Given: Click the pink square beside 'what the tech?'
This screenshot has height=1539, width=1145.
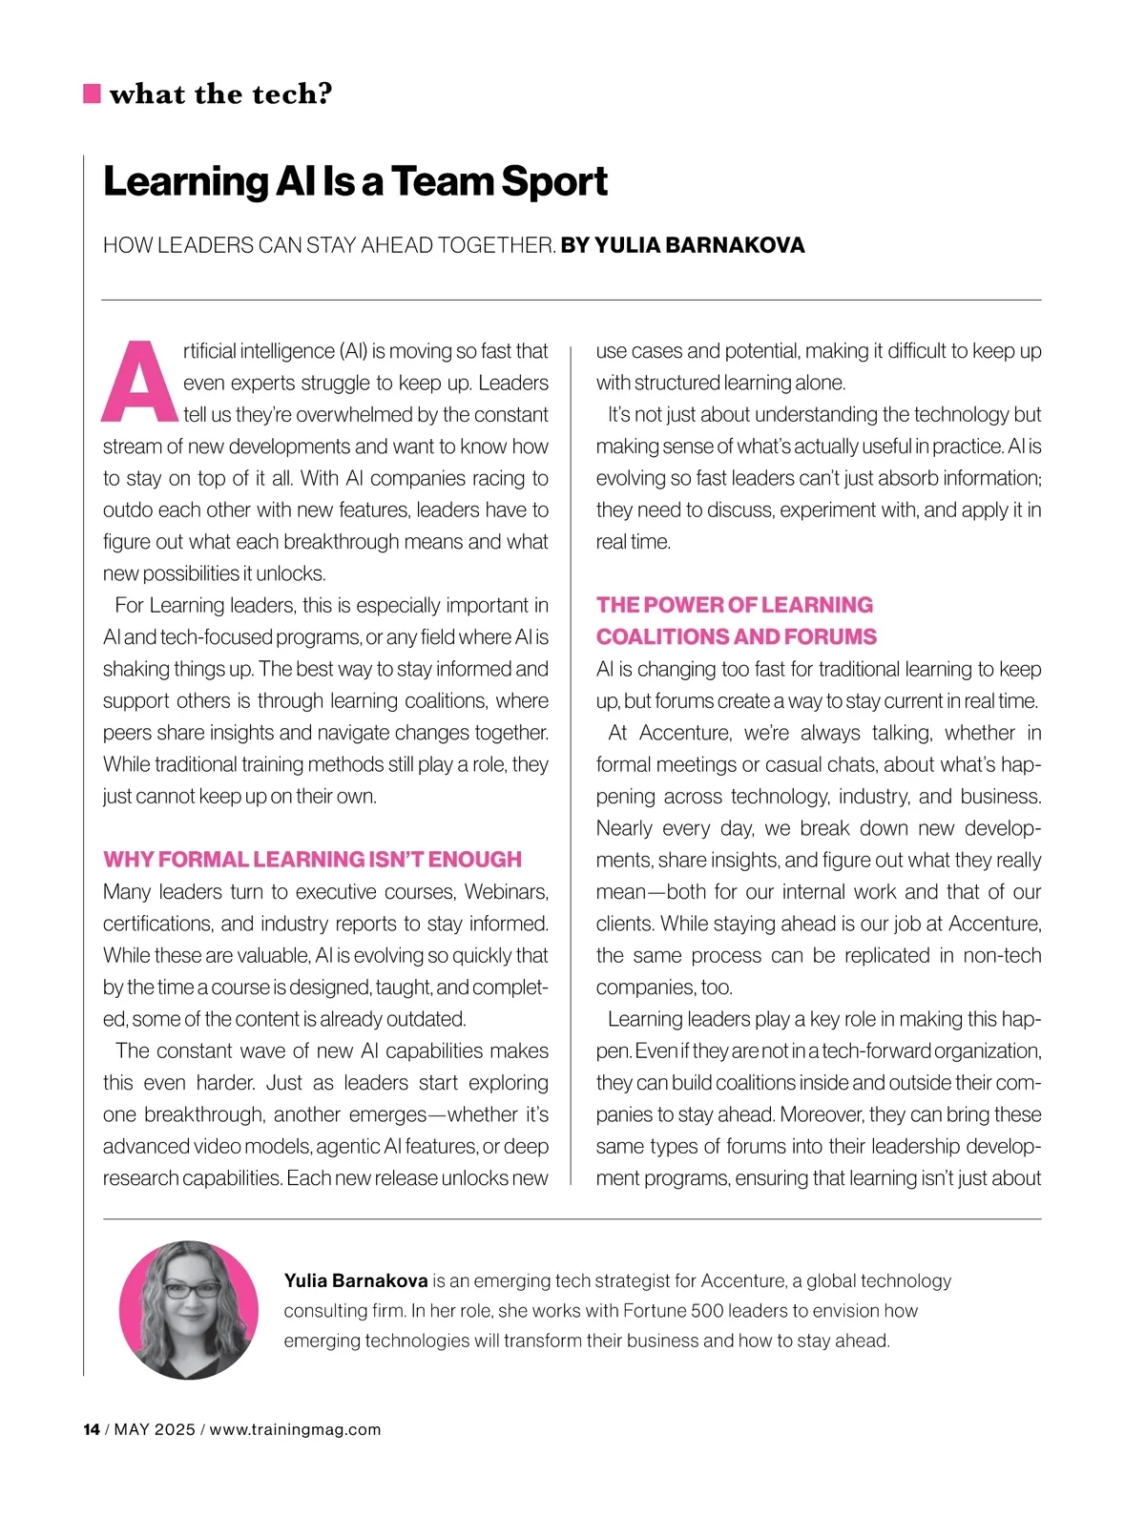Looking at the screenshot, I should tap(92, 94).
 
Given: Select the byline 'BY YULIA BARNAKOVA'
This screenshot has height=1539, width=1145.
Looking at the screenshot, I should tap(682, 245).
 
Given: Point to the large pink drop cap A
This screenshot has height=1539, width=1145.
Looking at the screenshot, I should tap(140, 382).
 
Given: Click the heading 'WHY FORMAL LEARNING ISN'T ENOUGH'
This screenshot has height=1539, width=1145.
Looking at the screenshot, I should tap(312, 860).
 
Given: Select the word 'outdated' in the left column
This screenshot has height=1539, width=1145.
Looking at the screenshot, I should tap(426, 1019).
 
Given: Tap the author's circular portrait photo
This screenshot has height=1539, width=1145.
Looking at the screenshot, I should tap(189, 1309).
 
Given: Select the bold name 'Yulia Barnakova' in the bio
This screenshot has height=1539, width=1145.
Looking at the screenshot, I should tap(356, 1280).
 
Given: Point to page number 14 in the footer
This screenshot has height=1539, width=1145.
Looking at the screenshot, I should tap(92, 1429).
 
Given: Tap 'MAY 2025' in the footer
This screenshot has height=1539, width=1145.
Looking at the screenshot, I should tap(155, 1429).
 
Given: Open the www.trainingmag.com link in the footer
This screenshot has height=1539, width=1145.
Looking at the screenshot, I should tap(295, 1429).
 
